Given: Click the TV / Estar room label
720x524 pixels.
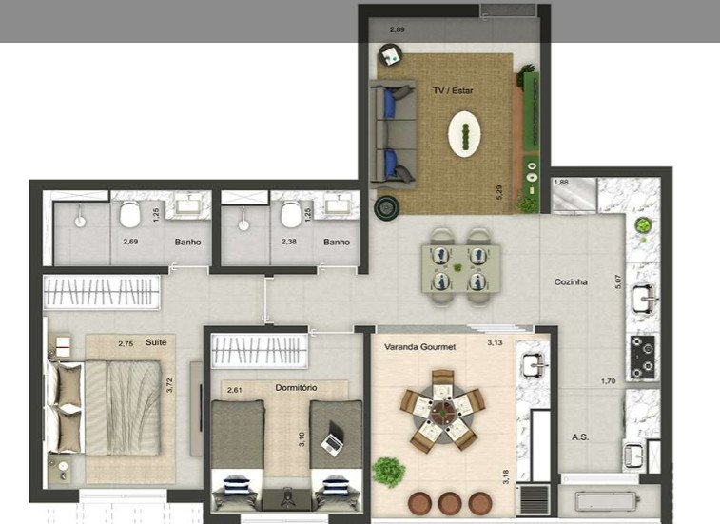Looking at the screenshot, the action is [x=453, y=90].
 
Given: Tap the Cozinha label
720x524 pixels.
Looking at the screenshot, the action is [x=571, y=282].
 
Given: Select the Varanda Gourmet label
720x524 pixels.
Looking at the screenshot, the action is [x=420, y=347].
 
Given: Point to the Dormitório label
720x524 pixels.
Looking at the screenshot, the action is [x=296, y=388].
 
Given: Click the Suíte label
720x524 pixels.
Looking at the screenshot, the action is [x=156, y=342].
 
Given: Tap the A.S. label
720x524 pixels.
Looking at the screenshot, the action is [x=580, y=437].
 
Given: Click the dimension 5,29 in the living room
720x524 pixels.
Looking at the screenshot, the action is [x=499, y=192].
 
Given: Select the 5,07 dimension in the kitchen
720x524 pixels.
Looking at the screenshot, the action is [x=618, y=281].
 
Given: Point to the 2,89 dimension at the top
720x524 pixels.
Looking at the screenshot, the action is [x=398, y=29].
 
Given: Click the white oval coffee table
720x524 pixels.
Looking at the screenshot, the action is [x=464, y=134].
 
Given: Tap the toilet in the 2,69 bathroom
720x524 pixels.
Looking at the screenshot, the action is [x=129, y=214].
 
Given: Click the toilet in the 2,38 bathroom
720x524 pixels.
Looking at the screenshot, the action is [x=291, y=214].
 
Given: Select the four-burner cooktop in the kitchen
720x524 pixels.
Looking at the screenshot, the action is [x=642, y=358].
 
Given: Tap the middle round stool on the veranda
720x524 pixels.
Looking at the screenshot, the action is [x=450, y=503].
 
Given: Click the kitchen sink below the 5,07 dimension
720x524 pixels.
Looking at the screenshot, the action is [x=644, y=299].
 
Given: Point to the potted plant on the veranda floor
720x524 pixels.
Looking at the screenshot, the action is [x=389, y=472].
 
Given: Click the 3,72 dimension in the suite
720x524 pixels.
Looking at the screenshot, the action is [x=170, y=385].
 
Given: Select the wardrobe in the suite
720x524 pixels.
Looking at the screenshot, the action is [x=102, y=292].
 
